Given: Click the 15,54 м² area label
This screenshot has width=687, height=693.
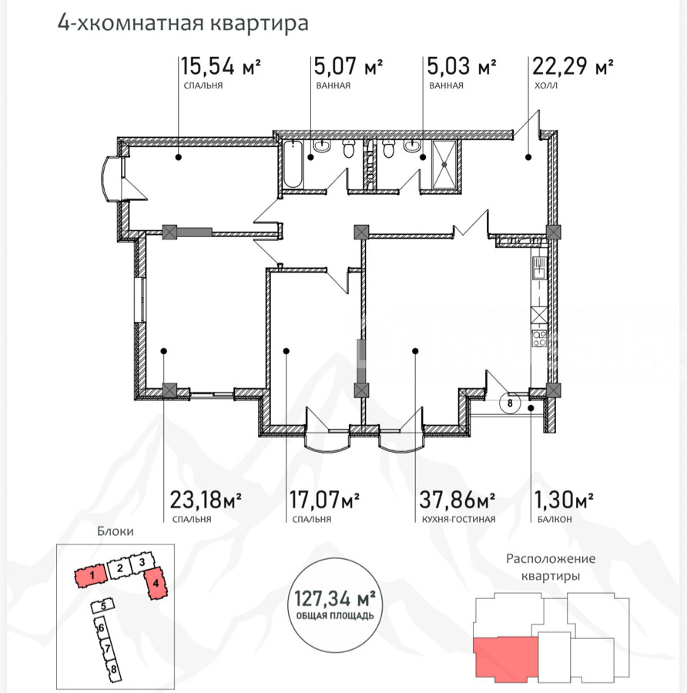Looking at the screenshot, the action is pyautogui.click(x=220, y=66).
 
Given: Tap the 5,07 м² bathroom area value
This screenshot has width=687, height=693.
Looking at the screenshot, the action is pyautogui.click(x=348, y=66).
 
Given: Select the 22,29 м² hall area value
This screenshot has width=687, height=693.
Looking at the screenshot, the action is pyautogui.click(x=572, y=66).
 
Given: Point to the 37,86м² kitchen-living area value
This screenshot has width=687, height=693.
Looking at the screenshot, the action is pyautogui.click(x=457, y=500).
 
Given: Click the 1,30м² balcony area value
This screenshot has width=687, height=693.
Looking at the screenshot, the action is pyautogui.click(x=564, y=500).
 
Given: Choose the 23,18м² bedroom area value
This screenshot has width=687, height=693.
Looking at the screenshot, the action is pyautogui.click(x=206, y=500).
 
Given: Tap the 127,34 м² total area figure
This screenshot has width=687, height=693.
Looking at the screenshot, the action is pyautogui.click(x=335, y=599).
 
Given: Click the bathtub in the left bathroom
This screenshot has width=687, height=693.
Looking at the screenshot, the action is pyautogui.click(x=292, y=164).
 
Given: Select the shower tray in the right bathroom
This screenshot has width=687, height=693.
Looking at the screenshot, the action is pyautogui.click(x=444, y=164).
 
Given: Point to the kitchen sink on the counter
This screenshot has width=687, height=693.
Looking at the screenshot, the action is pyautogui.click(x=539, y=269).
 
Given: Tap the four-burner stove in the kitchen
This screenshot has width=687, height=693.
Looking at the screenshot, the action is pyautogui.click(x=539, y=338).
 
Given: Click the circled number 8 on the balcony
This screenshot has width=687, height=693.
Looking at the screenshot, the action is pyautogui.click(x=510, y=403).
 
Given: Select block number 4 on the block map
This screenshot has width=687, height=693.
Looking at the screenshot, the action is pyautogui.click(x=155, y=584).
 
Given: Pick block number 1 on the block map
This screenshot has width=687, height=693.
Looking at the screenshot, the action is pyautogui.click(x=91, y=575).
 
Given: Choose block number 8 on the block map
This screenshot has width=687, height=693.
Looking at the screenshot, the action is pyautogui.click(x=113, y=669).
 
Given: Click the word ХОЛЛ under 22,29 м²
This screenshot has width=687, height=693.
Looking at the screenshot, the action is pyautogui.click(x=545, y=85).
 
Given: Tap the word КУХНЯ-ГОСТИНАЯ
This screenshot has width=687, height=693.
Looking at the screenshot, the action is pyautogui.click(x=458, y=519).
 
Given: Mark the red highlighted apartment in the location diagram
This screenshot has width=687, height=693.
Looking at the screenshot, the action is pyautogui.click(x=506, y=658).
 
